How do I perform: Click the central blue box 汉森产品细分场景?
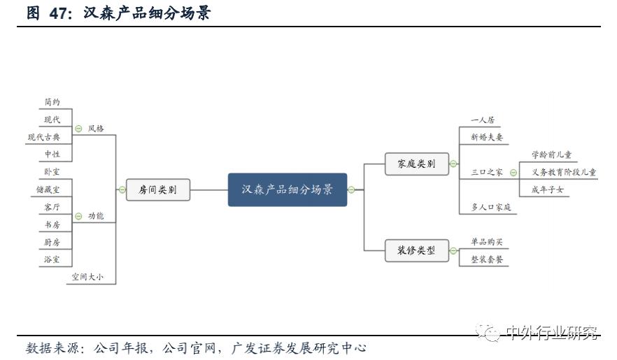click(x=288, y=189)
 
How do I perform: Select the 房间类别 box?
click(x=158, y=189)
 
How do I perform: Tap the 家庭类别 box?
click(x=416, y=164)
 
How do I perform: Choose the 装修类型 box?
click(x=416, y=250)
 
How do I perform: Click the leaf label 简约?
click(x=52, y=102)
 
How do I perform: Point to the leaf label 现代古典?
click(x=44, y=137)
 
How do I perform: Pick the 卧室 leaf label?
click(x=52, y=171)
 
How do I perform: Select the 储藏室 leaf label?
click(x=48, y=189)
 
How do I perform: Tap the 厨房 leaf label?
click(x=52, y=242)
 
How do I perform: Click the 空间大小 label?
click(x=87, y=277)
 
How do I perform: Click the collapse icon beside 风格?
click(x=78, y=129)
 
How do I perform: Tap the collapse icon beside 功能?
click(x=78, y=216)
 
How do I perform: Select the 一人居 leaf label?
click(x=482, y=120)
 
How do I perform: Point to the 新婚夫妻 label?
click(x=487, y=137)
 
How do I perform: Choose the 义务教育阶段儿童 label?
click(x=564, y=172)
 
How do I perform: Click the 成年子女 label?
click(x=548, y=189)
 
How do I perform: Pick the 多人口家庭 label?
click(x=491, y=207)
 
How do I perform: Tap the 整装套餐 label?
click(x=487, y=259)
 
